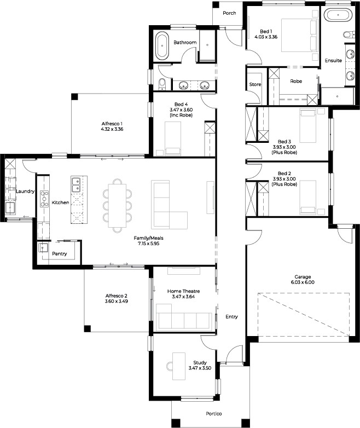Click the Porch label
tap(229, 13)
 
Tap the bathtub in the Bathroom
tap(162, 46)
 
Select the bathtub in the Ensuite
tap(338, 15)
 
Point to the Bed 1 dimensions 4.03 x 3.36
tap(266, 37)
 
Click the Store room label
tap(255, 84)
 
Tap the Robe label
tap(296, 81)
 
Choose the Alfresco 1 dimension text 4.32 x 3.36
tap(112, 129)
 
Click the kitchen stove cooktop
tap(44, 199)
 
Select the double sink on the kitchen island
tap(76, 185)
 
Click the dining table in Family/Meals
tap(118, 206)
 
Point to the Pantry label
tap(60, 254)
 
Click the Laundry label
tap(25, 192)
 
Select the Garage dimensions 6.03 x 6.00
tap(303, 282)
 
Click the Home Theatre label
tap(183, 291)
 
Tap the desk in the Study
tap(179, 366)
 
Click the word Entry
tap(232, 317)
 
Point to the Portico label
tap(214, 414)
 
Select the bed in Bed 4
tap(173, 138)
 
